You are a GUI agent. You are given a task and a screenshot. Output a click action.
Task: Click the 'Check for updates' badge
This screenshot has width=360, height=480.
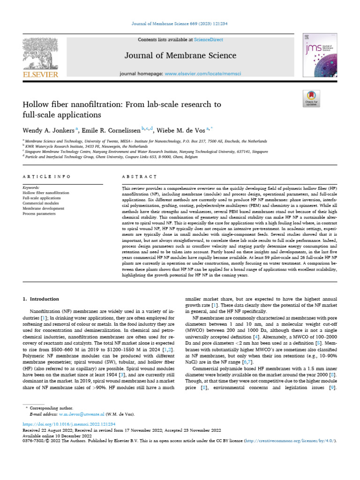(x=311, y=98)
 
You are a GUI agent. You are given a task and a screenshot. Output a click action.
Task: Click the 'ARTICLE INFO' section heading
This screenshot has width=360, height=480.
(x=46, y=176)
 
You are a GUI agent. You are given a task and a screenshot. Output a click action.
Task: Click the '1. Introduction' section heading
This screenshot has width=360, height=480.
(x=41, y=299)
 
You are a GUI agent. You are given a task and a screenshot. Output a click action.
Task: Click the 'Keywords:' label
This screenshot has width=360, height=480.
(x=31, y=187)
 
